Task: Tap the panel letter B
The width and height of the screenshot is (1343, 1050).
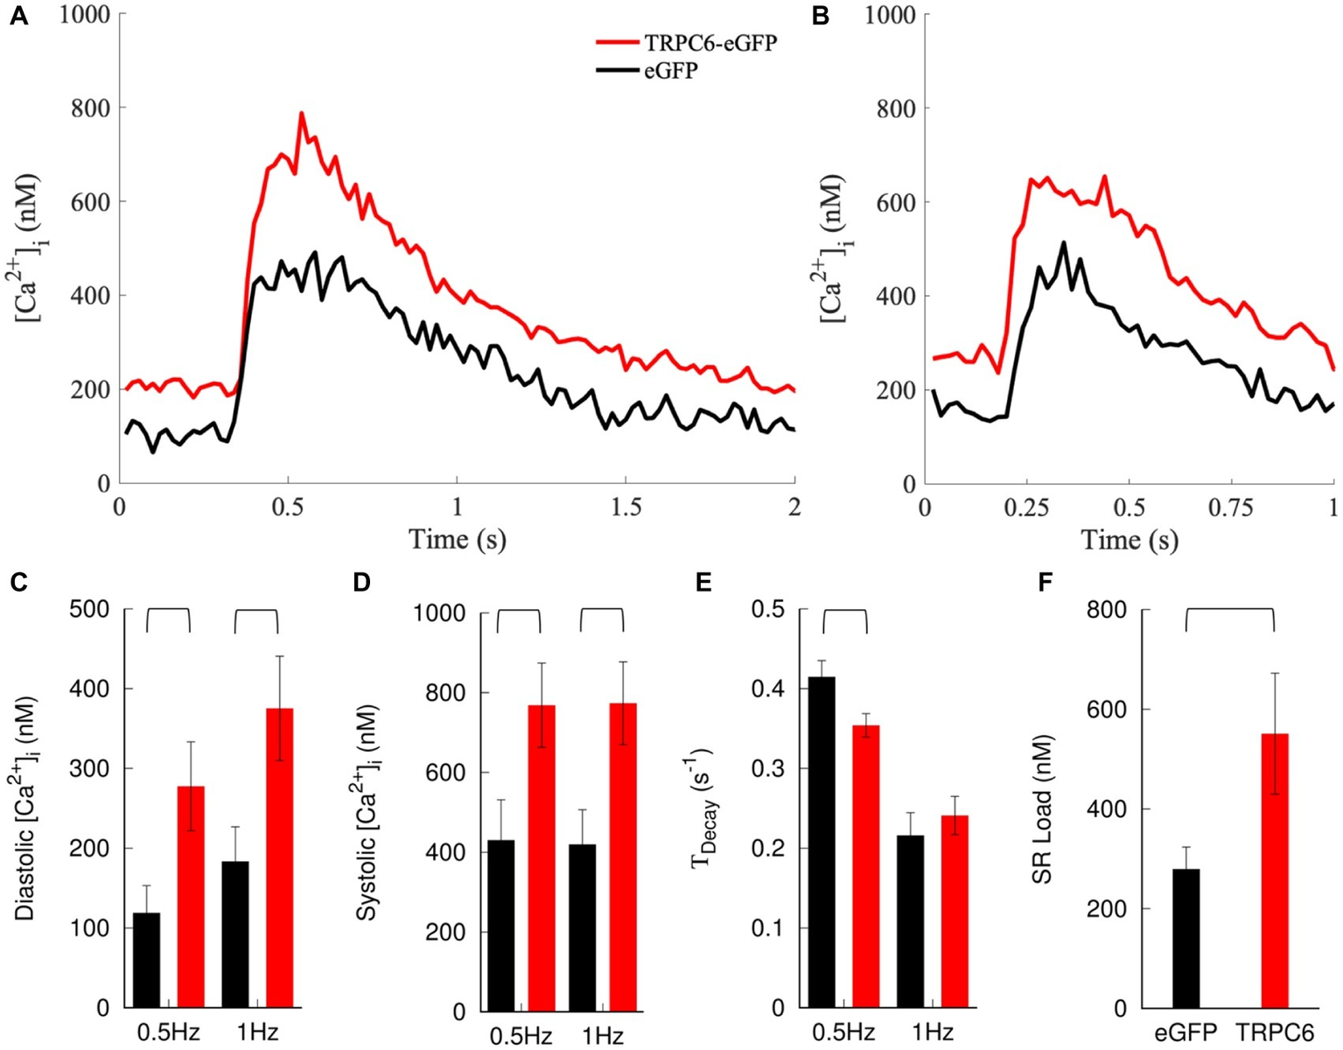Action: (821, 17)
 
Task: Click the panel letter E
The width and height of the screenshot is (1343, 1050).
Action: (703, 583)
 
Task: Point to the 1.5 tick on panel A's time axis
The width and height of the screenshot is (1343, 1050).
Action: (626, 507)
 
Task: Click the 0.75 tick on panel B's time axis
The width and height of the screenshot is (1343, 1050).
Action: (1231, 507)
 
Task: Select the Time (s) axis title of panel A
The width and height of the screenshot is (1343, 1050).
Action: (457, 539)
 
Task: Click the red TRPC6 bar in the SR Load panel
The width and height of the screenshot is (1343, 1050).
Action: (1275, 871)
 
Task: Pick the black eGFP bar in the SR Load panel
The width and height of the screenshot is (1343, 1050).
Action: (1186, 938)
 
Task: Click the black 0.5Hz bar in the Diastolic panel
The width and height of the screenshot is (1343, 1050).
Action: (146, 960)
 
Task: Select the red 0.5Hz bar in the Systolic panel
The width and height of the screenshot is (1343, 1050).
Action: (542, 857)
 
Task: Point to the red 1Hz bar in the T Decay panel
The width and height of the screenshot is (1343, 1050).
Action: (955, 911)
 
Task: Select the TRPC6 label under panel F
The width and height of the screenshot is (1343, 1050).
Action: (1275, 1033)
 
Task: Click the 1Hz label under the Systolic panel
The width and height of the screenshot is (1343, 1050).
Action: (602, 1037)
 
